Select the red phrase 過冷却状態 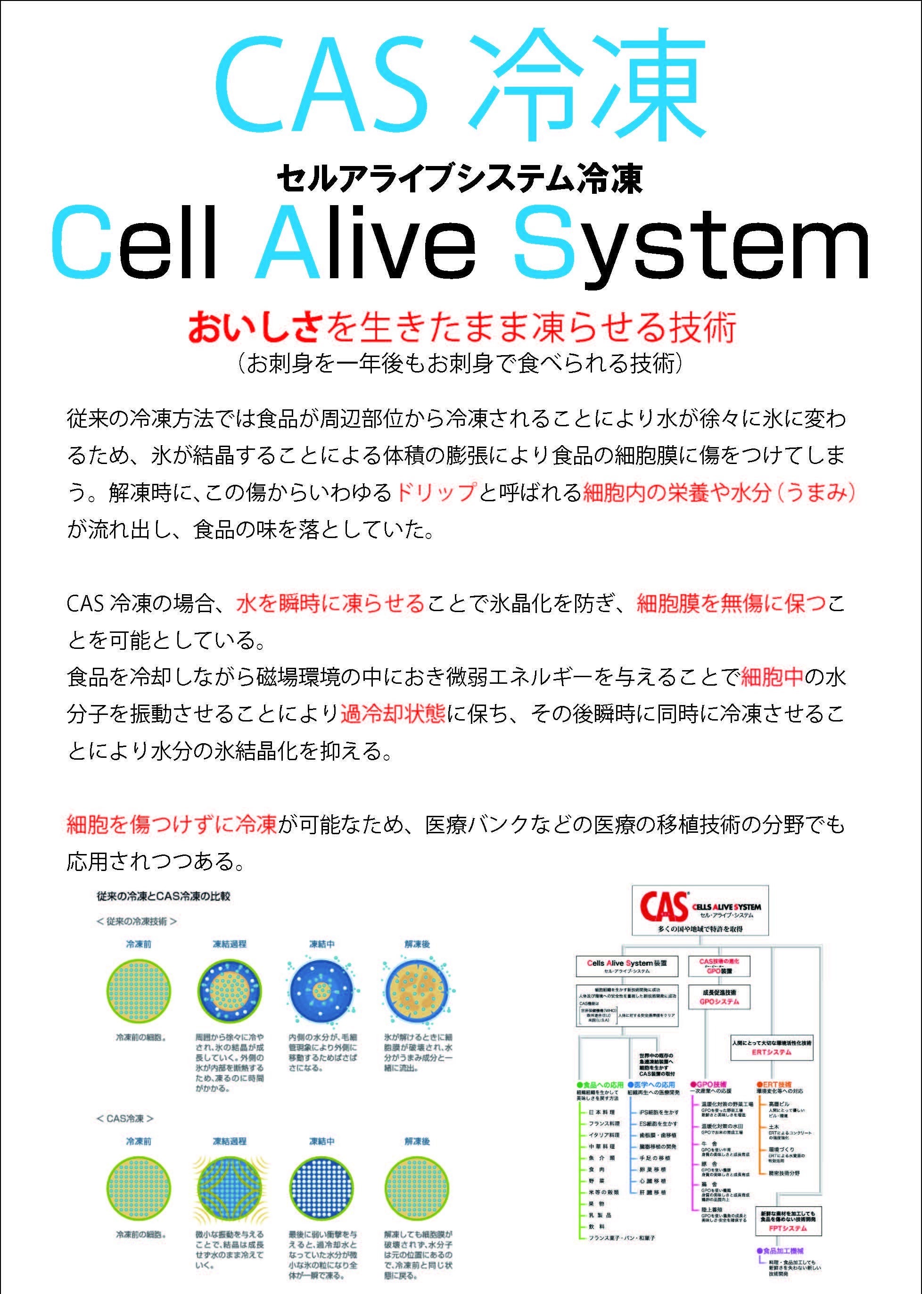point(393,713)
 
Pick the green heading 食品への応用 point(600,1085)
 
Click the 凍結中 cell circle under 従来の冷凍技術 point(321,991)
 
